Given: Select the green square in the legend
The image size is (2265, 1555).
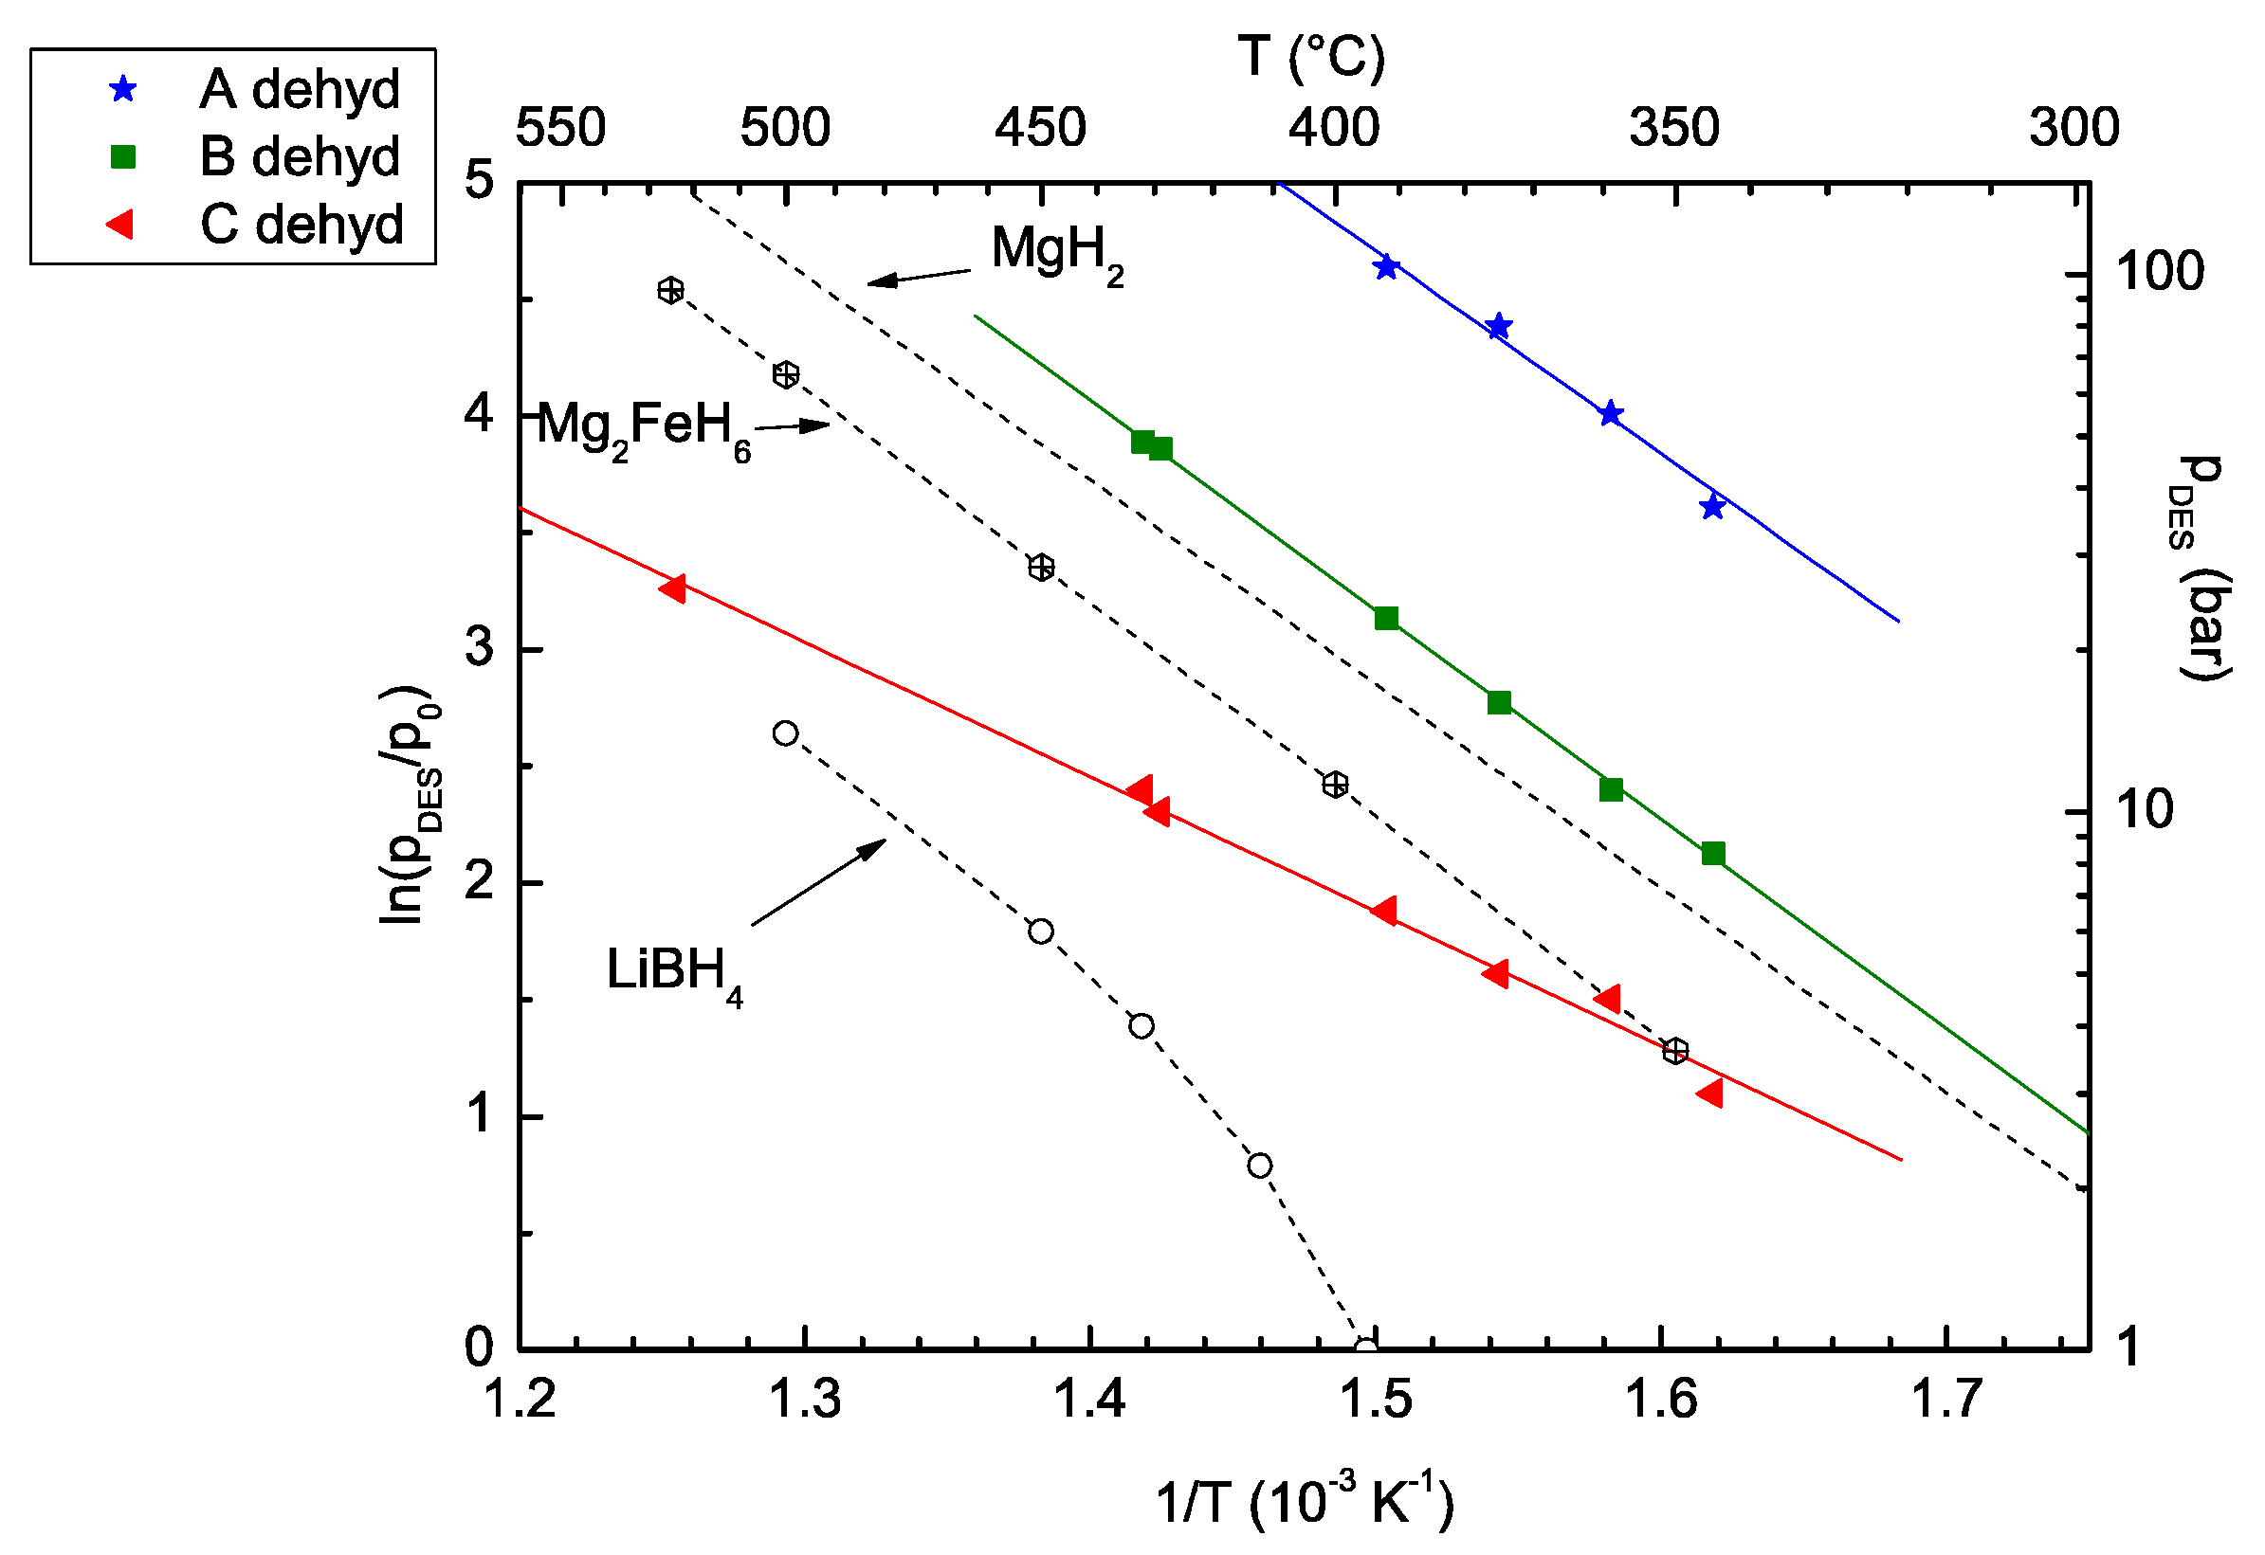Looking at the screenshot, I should point(123,157).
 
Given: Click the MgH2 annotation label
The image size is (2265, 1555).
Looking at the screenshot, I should point(1056,252).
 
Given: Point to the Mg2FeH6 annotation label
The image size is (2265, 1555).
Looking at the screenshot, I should point(644,427).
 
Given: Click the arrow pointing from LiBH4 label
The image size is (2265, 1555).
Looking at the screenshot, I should point(818,882).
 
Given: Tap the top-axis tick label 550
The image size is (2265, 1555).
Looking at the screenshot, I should point(560,128).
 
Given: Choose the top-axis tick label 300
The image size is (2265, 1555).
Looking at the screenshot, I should point(2074,128).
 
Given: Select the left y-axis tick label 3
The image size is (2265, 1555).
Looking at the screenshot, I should point(479,647).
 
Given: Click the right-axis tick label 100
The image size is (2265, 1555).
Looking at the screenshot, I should point(2159,272).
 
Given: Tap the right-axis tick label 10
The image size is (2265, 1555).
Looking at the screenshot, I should point(2144,810).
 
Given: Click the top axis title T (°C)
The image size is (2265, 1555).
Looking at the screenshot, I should point(1312,57).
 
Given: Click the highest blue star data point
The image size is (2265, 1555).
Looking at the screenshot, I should point(1387,268).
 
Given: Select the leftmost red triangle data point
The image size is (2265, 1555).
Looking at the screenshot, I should point(672,588).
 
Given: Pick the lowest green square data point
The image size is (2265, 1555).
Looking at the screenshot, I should point(1713,855).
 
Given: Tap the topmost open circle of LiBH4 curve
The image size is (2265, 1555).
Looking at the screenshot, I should point(786,733).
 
